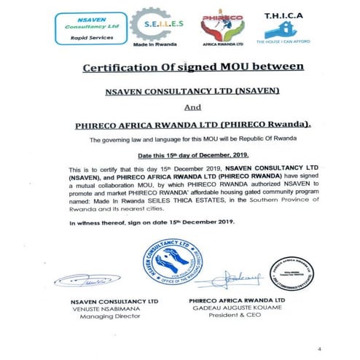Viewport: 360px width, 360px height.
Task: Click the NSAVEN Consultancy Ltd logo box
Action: point(79,27)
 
